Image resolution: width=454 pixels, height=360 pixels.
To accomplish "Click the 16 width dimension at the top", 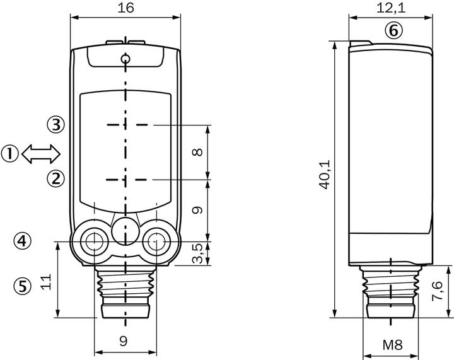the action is click(126, 7).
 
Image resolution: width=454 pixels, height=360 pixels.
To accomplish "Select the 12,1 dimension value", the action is click(391, 8).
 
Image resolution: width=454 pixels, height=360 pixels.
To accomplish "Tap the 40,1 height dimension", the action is click(325, 174).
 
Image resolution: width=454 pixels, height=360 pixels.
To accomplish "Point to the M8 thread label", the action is click(392, 345).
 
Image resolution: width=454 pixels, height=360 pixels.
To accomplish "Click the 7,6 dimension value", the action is click(437, 291).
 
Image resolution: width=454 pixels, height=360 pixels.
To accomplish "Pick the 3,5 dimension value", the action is click(198, 253).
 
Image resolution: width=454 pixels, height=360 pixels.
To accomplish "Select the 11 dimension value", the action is click(46, 282).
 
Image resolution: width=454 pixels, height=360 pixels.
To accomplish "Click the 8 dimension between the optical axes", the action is click(197, 152).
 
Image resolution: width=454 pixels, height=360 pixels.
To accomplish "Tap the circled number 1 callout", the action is click(10, 154).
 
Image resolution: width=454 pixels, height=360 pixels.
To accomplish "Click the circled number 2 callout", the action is click(55, 178).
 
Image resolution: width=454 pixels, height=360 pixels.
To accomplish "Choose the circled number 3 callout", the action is click(55, 125).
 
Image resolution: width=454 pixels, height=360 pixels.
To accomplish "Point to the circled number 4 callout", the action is click(22, 240).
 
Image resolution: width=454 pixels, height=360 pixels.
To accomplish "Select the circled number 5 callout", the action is click(22, 286).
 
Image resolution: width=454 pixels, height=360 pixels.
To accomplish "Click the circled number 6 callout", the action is click(393, 30).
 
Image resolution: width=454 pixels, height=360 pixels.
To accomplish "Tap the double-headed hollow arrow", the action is click(41, 154).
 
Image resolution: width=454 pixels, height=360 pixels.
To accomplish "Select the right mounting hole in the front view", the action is click(156, 241).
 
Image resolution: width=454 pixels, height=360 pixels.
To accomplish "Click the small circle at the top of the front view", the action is click(125, 59).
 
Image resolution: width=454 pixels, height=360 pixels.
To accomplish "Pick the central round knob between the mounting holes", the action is click(125, 231).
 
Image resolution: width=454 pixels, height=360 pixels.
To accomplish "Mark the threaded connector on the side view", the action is click(390, 292).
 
